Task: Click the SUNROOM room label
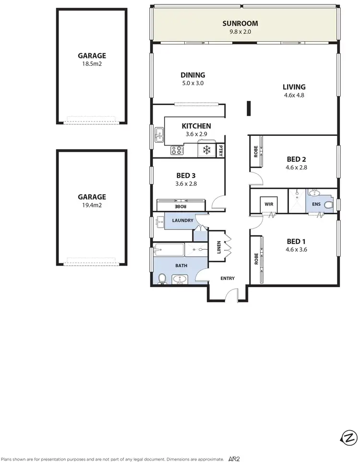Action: click(x=240, y=23)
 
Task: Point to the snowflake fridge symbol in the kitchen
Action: click(x=207, y=150)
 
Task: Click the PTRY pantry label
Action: click(x=221, y=150)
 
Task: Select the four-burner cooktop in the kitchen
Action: click(x=177, y=151)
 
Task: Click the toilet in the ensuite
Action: click(x=329, y=205)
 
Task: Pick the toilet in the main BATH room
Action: click(x=162, y=278)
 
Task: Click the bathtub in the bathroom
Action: click(x=169, y=249)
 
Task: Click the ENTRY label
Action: click(x=228, y=278)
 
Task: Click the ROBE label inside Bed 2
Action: click(x=256, y=152)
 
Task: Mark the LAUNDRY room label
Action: click(x=182, y=220)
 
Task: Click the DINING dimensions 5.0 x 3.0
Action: click(x=192, y=83)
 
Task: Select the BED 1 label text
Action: click(x=296, y=241)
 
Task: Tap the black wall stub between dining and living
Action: click(x=249, y=109)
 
